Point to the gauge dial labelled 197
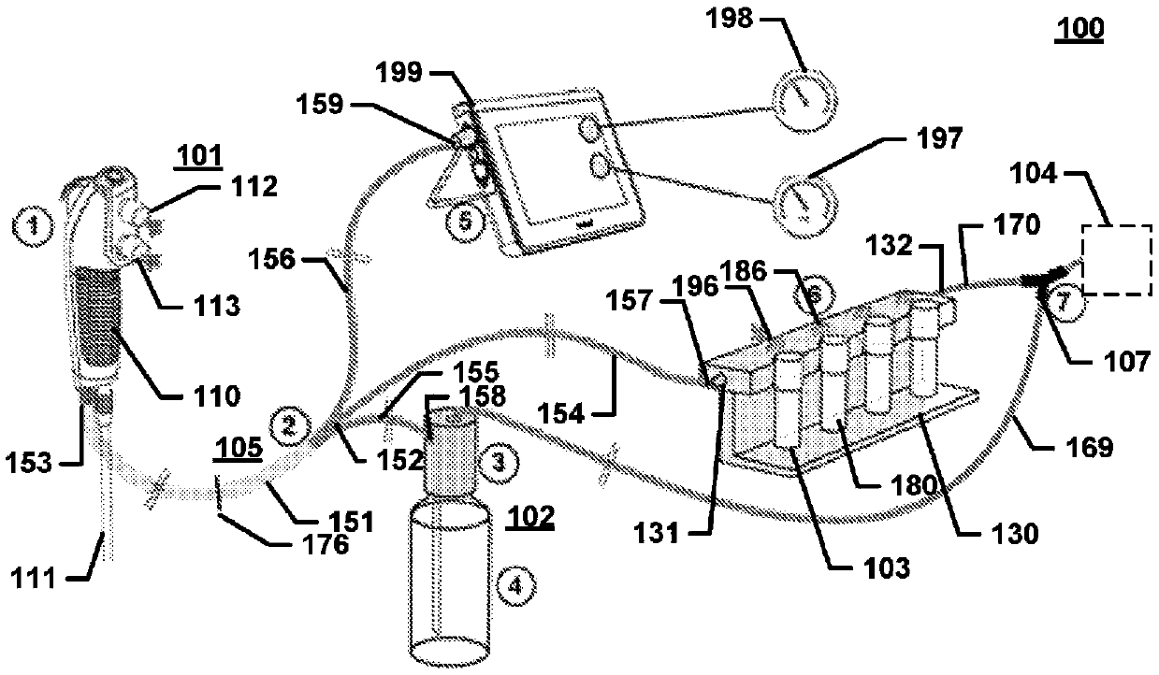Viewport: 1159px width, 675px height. (x=804, y=206)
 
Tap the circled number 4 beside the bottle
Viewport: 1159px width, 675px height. (x=515, y=585)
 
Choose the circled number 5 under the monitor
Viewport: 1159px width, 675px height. (x=465, y=222)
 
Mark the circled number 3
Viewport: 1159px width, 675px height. (x=499, y=462)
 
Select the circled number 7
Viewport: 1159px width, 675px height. (x=1065, y=302)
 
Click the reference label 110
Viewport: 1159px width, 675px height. (x=217, y=396)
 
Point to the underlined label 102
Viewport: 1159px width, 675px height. (x=530, y=517)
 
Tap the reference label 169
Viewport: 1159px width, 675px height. (x=1089, y=446)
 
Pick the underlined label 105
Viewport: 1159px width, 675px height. (x=238, y=448)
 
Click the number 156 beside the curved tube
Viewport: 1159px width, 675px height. (x=271, y=259)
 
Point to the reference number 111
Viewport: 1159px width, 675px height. (x=33, y=579)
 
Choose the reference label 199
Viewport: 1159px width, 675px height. (x=398, y=73)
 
